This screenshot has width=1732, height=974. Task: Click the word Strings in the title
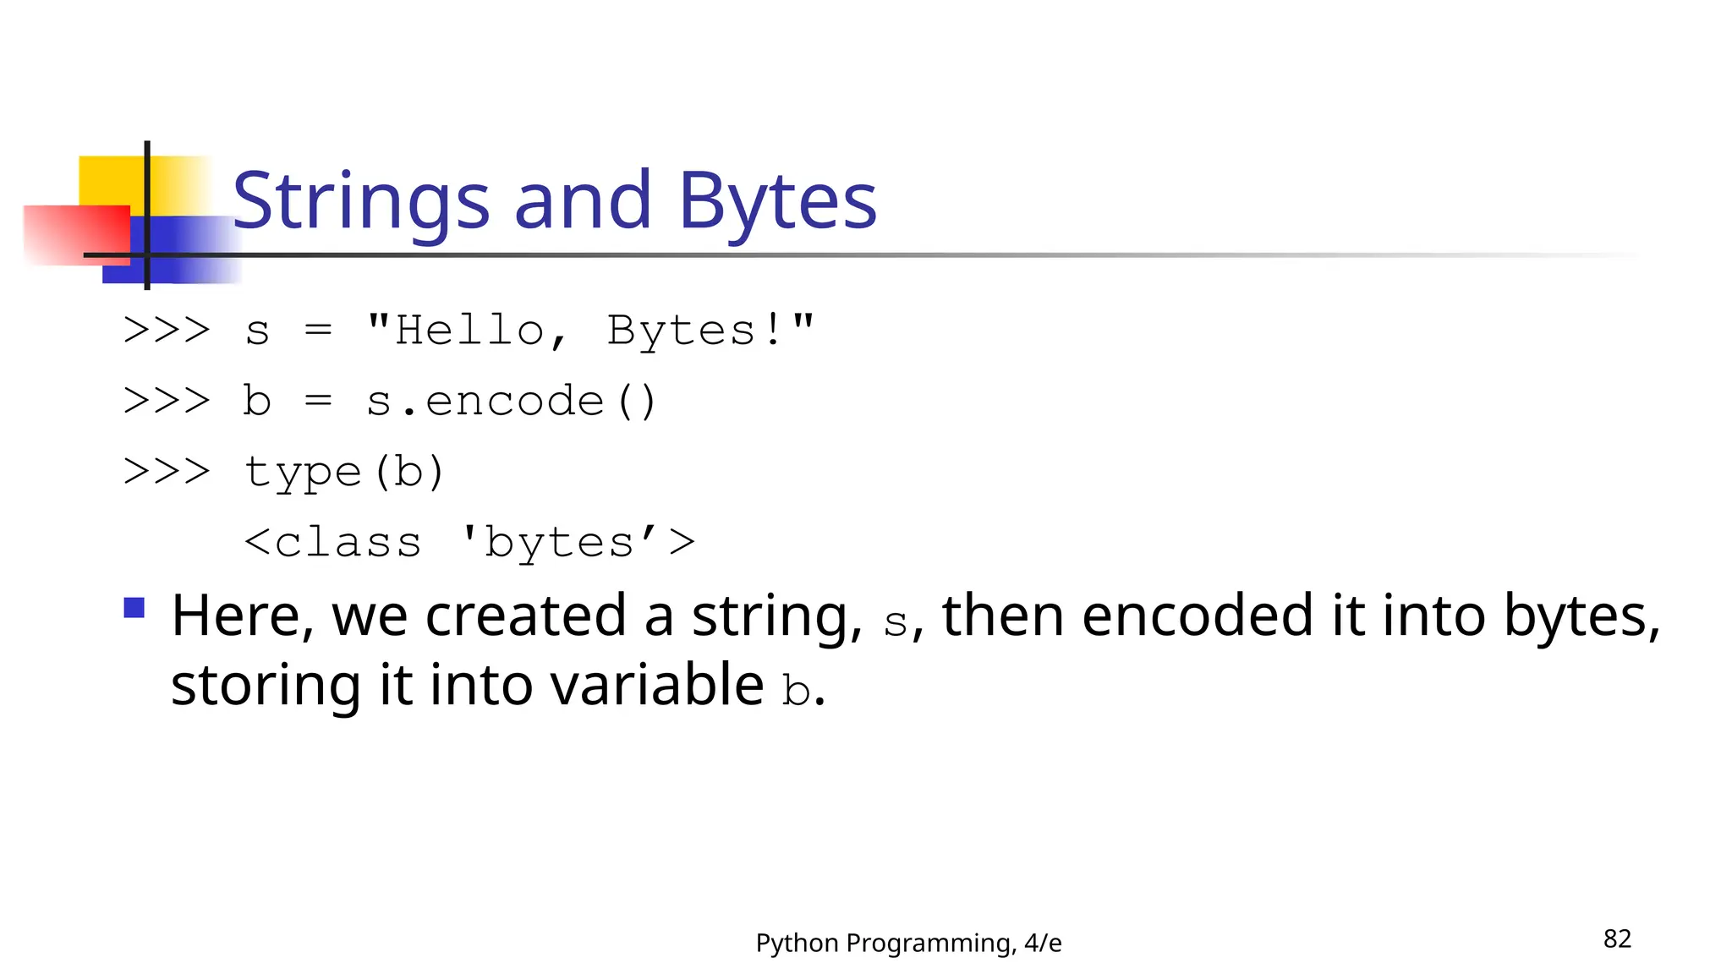point(360,201)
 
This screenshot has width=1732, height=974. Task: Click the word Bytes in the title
point(777,201)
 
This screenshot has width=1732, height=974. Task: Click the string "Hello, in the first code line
point(468,330)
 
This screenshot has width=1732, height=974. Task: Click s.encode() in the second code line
point(511,401)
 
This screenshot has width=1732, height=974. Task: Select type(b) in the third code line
point(343,472)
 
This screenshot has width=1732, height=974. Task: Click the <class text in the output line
point(332,542)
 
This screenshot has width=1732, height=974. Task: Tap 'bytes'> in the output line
point(578,542)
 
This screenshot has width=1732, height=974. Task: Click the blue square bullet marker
point(134,608)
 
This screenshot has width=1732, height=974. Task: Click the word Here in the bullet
point(235,616)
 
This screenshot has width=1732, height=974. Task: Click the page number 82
point(1616,938)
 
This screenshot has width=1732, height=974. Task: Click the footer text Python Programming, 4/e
point(908,943)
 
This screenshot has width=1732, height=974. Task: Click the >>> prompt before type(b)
point(167,471)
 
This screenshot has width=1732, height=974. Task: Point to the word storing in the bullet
point(266,687)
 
